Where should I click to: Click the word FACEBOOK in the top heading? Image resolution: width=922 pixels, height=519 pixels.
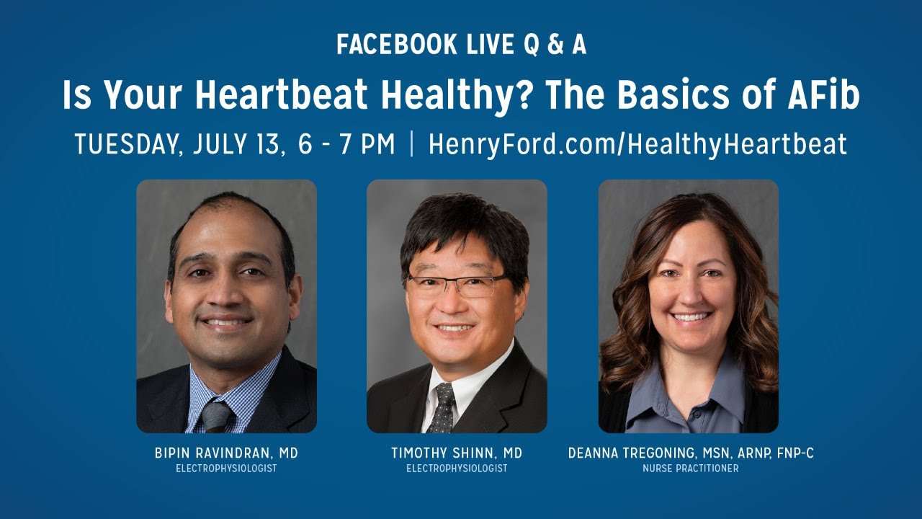coord(397,45)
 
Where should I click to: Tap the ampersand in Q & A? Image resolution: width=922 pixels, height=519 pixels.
coord(555,45)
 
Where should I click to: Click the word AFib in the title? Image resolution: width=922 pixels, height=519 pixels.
coord(823,94)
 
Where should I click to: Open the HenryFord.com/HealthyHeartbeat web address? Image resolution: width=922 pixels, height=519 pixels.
coord(637,145)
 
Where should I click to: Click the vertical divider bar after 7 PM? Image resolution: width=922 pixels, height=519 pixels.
coord(411,143)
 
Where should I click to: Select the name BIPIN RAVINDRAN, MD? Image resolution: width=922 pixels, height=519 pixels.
coord(226,453)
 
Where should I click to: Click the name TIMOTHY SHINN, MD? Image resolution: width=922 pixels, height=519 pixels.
coord(457,453)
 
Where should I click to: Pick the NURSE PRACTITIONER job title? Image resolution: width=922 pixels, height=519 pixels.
coord(691,469)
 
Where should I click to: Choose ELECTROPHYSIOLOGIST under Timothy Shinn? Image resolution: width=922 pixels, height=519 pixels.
coord(457,469)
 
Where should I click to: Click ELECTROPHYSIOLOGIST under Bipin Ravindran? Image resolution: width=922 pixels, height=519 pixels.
coord(226,469)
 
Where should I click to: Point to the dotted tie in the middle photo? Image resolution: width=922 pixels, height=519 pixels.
coord(442,408)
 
